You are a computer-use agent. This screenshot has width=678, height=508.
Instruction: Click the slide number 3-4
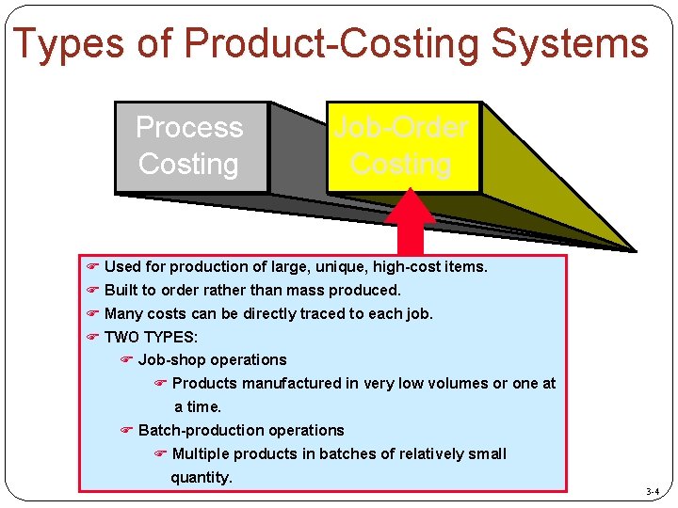653,492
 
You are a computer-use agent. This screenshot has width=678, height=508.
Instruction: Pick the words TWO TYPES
151,337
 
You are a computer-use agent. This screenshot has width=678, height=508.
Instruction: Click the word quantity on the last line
201,477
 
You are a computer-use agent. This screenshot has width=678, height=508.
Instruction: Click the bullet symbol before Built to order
92,290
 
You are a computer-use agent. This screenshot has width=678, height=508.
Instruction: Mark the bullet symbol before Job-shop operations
127,359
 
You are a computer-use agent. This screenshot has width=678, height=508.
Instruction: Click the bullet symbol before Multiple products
160,453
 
